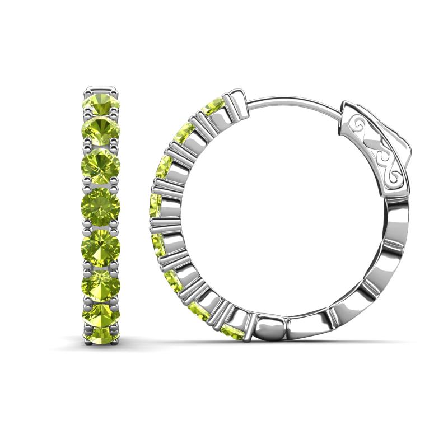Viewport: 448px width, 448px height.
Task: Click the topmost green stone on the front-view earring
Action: coord(101,104)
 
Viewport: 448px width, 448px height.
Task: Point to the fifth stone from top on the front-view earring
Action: coord(101,244)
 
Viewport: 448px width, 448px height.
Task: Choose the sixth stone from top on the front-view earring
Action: coord(101,282)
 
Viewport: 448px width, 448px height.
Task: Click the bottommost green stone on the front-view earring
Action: coord(101,335)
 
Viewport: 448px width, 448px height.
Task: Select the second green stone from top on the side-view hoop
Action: coord(183,133)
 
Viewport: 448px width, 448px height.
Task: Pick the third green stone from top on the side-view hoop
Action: coord(164,166)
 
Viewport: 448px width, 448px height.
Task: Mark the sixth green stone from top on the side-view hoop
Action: coord(172,279)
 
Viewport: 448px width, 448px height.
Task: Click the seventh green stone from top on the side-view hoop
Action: coord(199,310)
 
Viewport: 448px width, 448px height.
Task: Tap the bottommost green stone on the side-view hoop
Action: coord(231,332)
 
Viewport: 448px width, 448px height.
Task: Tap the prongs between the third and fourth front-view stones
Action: coord(101,185)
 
